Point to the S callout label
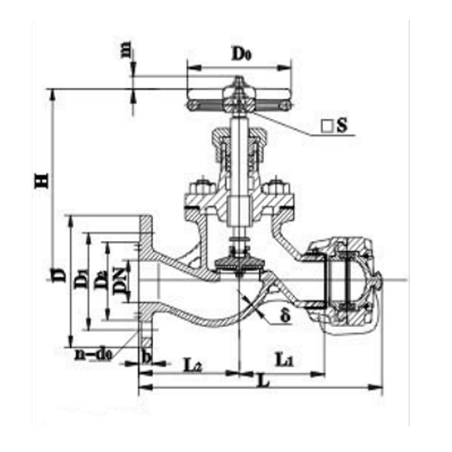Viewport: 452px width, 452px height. click(341, 126)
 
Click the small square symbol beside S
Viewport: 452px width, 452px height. click(327, 127)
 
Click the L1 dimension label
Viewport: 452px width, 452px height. click(284, 362)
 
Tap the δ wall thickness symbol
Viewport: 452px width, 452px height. click(285, 316)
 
